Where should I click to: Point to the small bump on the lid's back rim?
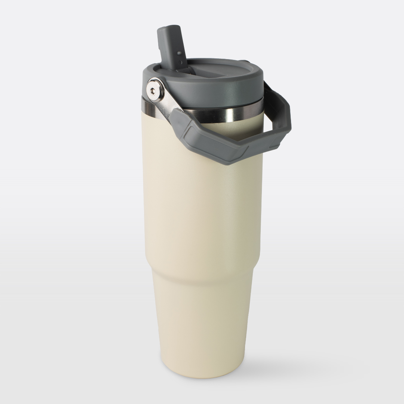click(x=245, y=61)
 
